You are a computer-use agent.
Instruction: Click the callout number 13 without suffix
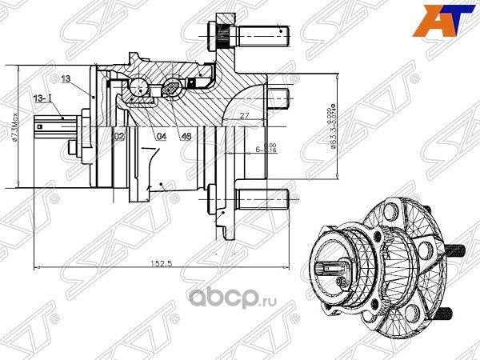click(66, 78)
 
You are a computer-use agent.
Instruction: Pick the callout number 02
click(118, 137)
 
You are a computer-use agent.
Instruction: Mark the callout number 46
click(186, 137)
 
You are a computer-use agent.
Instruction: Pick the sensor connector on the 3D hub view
click(330, 271)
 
